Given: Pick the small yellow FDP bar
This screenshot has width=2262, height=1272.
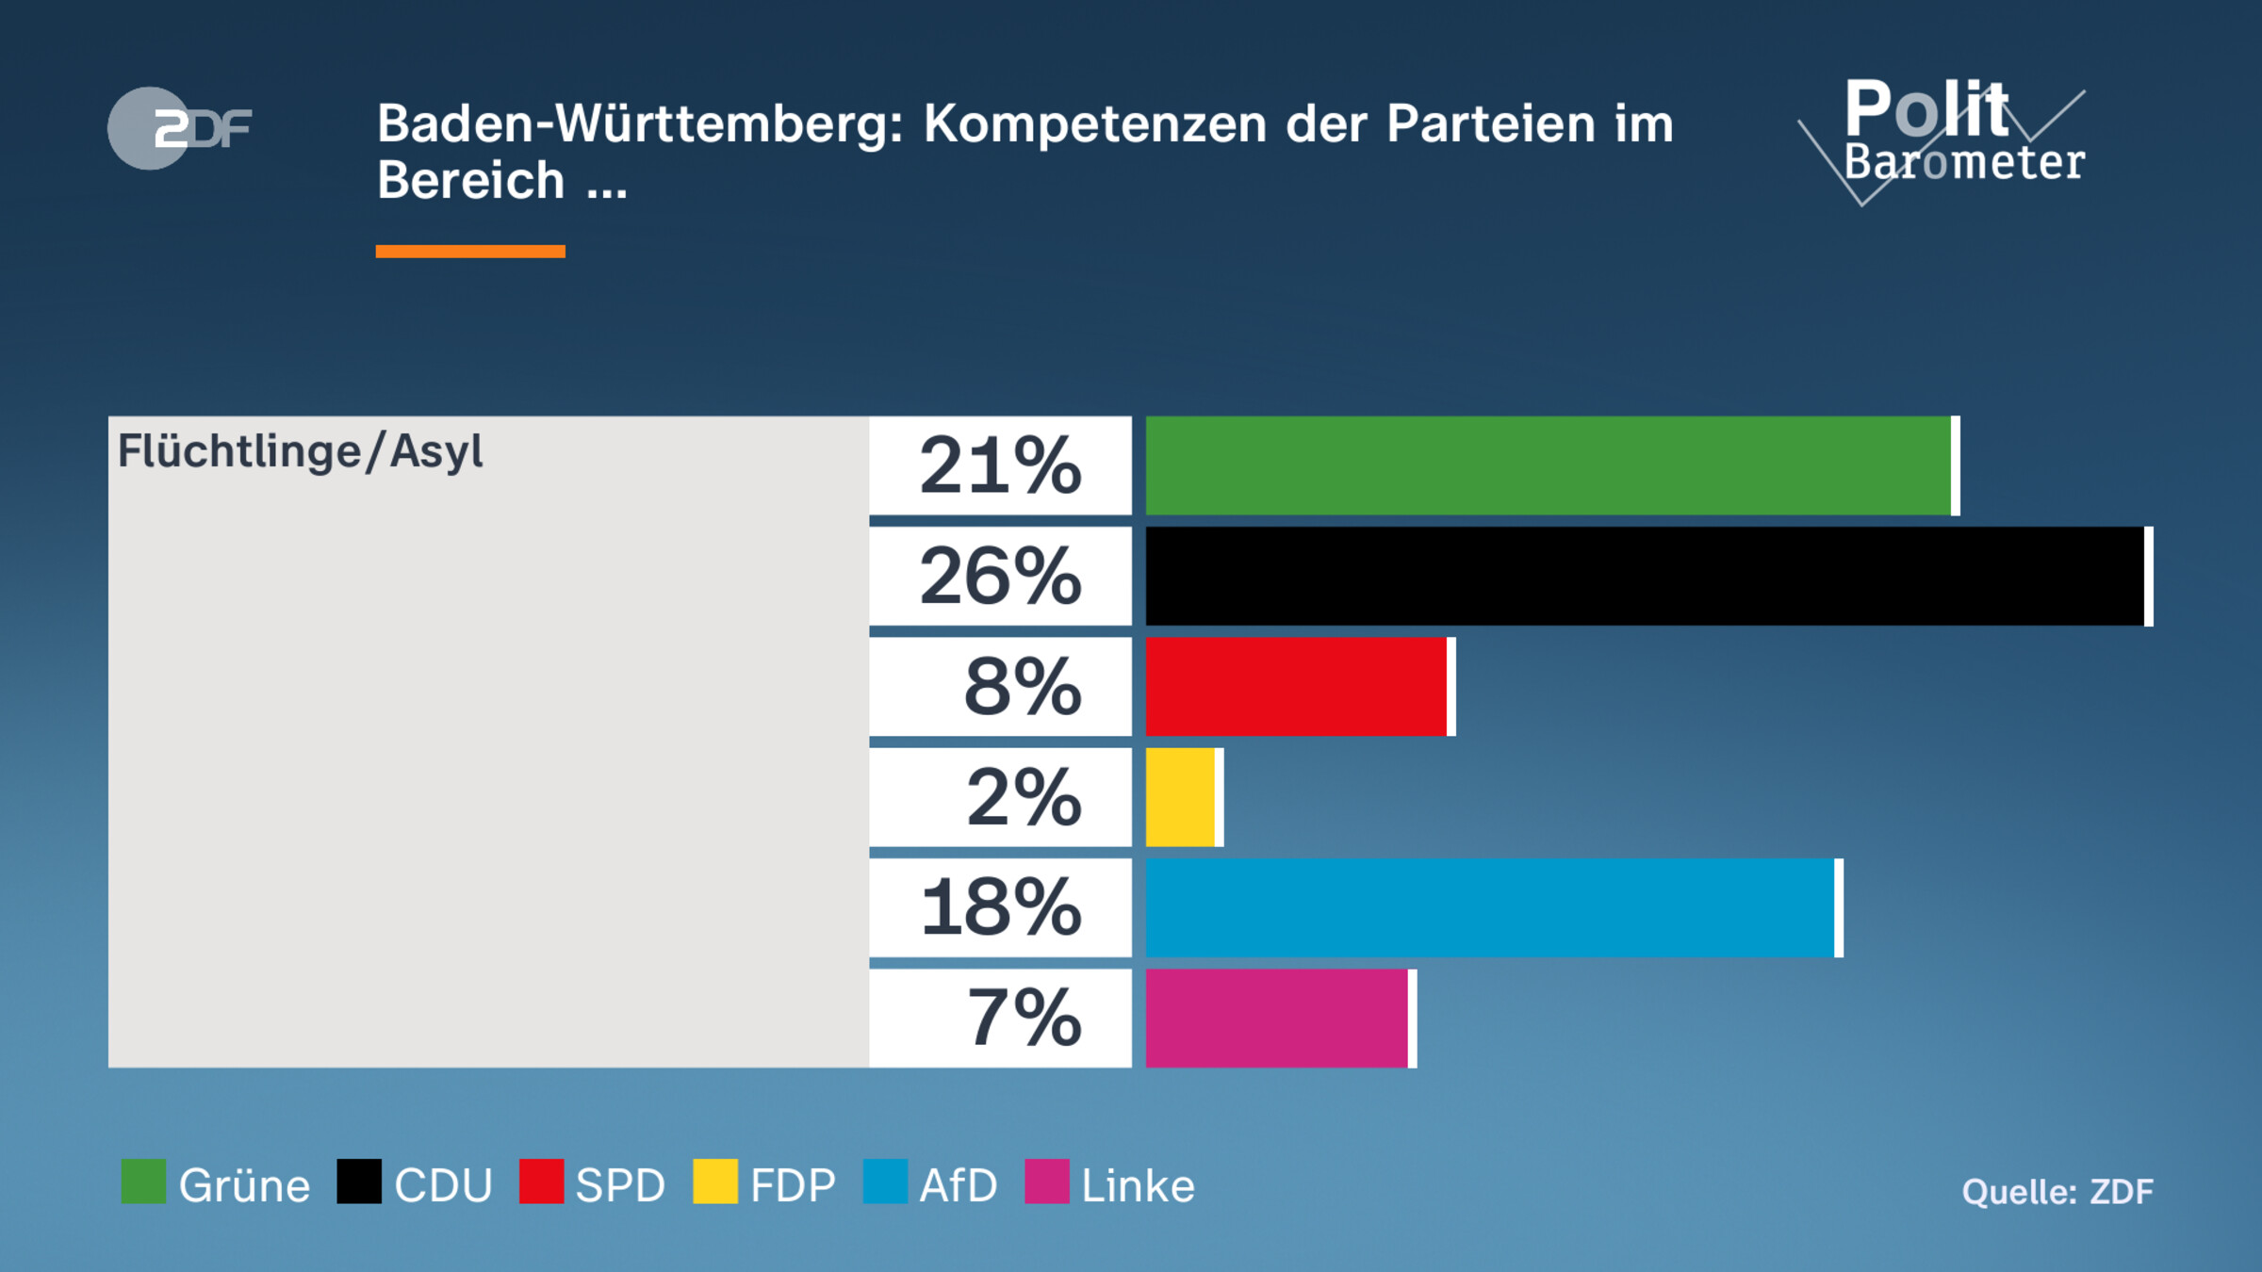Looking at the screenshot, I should (x=1182, y=797).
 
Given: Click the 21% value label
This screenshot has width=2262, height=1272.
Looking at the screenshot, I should (x=1000, y=465).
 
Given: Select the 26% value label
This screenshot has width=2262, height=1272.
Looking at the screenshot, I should (x=1000, y=576).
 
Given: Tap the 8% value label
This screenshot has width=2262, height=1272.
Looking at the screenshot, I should (x=1022, y=687).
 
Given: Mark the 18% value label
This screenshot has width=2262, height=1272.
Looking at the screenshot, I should (x=1000, y=907).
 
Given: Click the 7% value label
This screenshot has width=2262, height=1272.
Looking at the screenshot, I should (x=1024, y=1019).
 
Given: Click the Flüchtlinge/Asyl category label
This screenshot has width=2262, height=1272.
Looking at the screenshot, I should (x=300, y=452).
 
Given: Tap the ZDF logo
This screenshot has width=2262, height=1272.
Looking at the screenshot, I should (x=179, y=128).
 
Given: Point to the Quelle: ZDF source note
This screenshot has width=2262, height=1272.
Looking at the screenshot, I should (x=2057, y=1192).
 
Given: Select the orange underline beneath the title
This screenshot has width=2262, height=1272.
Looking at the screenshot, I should (x=470, y=252).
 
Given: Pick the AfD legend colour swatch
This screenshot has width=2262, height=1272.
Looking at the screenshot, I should (x=885, y=1182).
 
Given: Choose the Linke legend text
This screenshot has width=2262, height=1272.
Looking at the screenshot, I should (x=1138, y=1185).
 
